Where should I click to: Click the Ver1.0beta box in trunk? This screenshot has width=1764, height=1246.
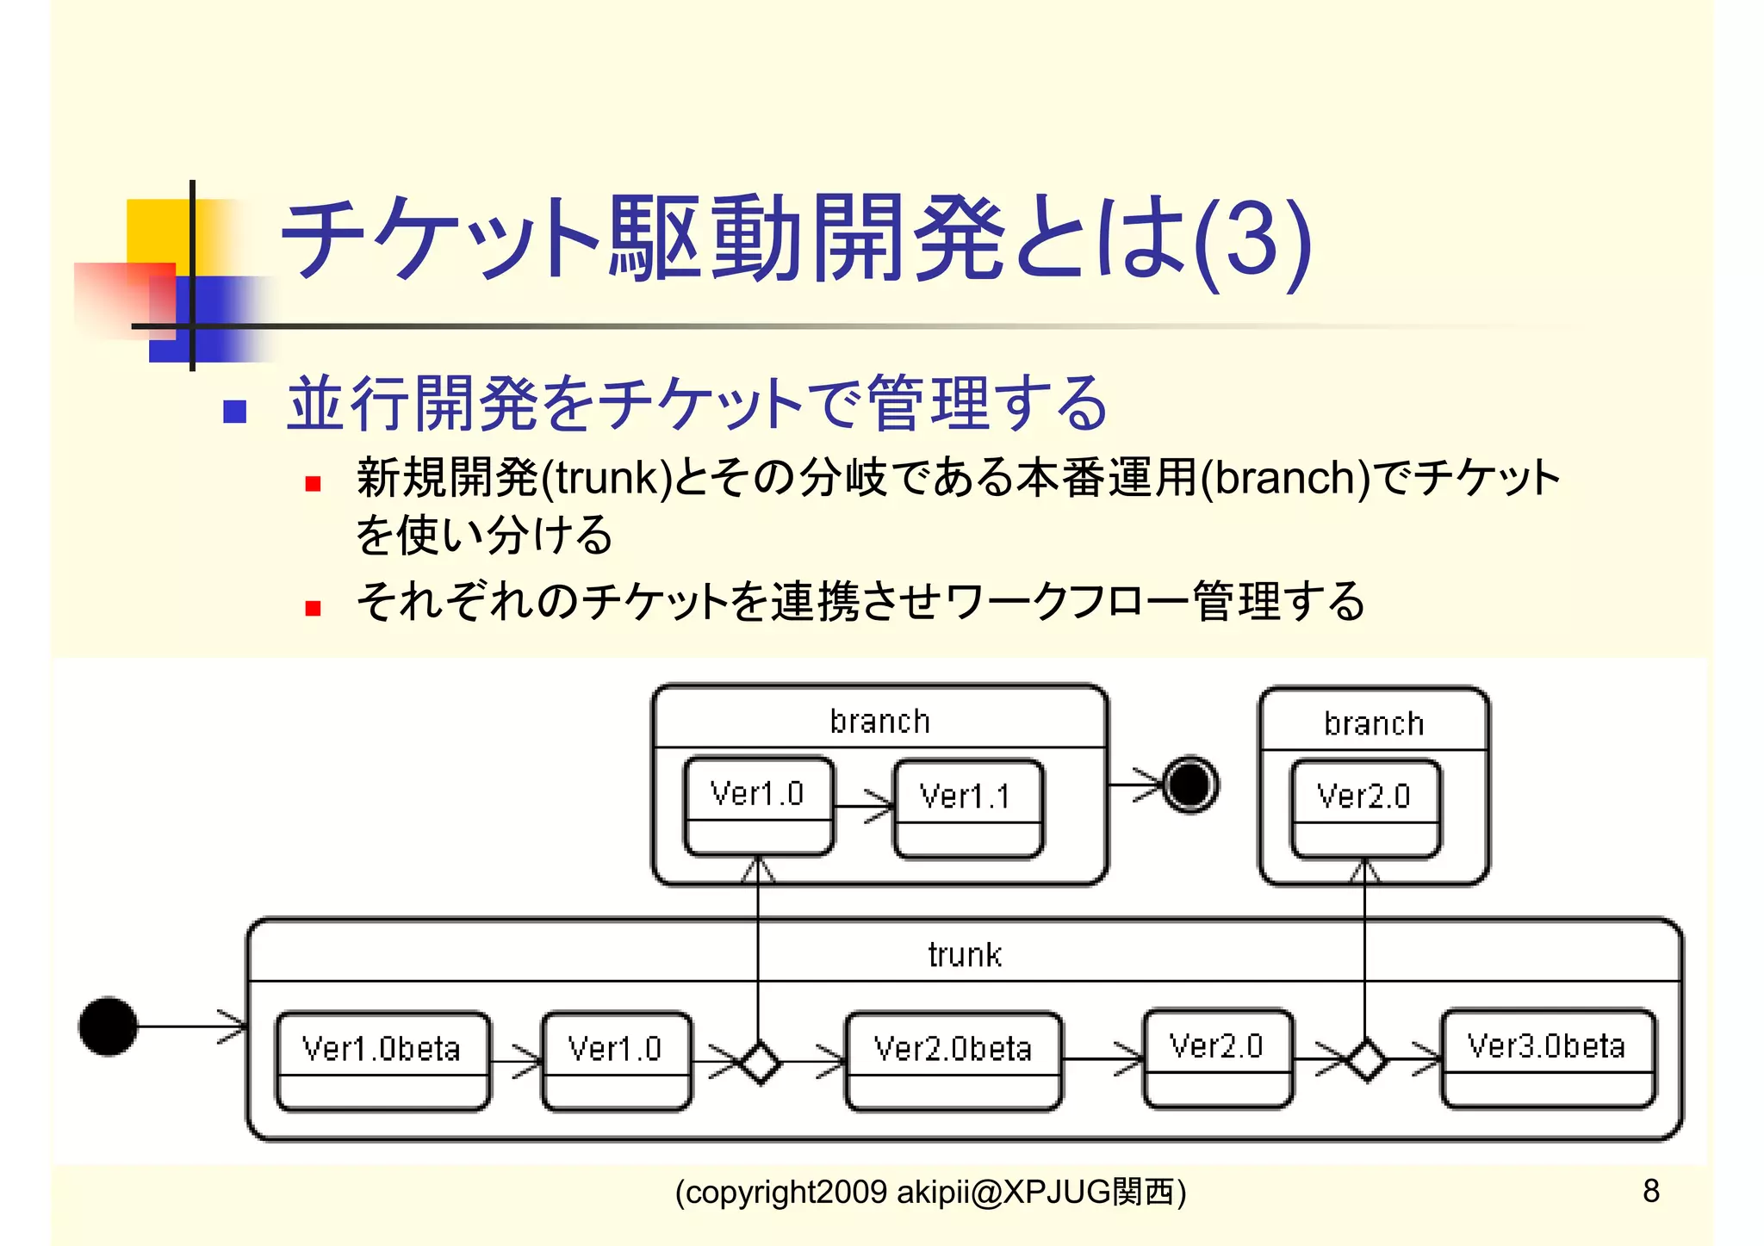coord(382,1060)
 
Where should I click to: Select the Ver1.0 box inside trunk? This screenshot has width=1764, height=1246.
coord(616,1060)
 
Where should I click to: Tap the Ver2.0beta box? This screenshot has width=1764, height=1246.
coord(953,1060)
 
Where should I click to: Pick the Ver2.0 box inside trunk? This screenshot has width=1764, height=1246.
coord(1217,1057)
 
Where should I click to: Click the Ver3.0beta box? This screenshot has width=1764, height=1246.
coord(1548,1057)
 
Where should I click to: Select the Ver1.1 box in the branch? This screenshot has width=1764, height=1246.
coord(967,808)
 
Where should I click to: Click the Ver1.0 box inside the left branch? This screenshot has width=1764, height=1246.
coord(758,806)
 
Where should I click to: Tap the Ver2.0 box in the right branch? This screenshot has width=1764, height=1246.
coord(1365,808)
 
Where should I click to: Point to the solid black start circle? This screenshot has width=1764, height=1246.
coord(108,1026)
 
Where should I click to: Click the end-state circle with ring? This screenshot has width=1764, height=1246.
coord(1190,784)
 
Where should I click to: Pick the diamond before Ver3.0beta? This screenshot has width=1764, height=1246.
coord(1367,1059)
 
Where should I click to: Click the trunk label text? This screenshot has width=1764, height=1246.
coord(965,955)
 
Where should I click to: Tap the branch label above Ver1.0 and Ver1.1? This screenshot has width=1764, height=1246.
coord(879,721)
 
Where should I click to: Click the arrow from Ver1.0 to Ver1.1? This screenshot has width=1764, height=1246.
coord(864,807)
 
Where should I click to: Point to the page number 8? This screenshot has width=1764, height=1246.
coord(1650,1191)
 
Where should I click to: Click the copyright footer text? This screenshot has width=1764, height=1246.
coord(930,1192)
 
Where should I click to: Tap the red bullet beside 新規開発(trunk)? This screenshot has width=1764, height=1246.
coord(313,484)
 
